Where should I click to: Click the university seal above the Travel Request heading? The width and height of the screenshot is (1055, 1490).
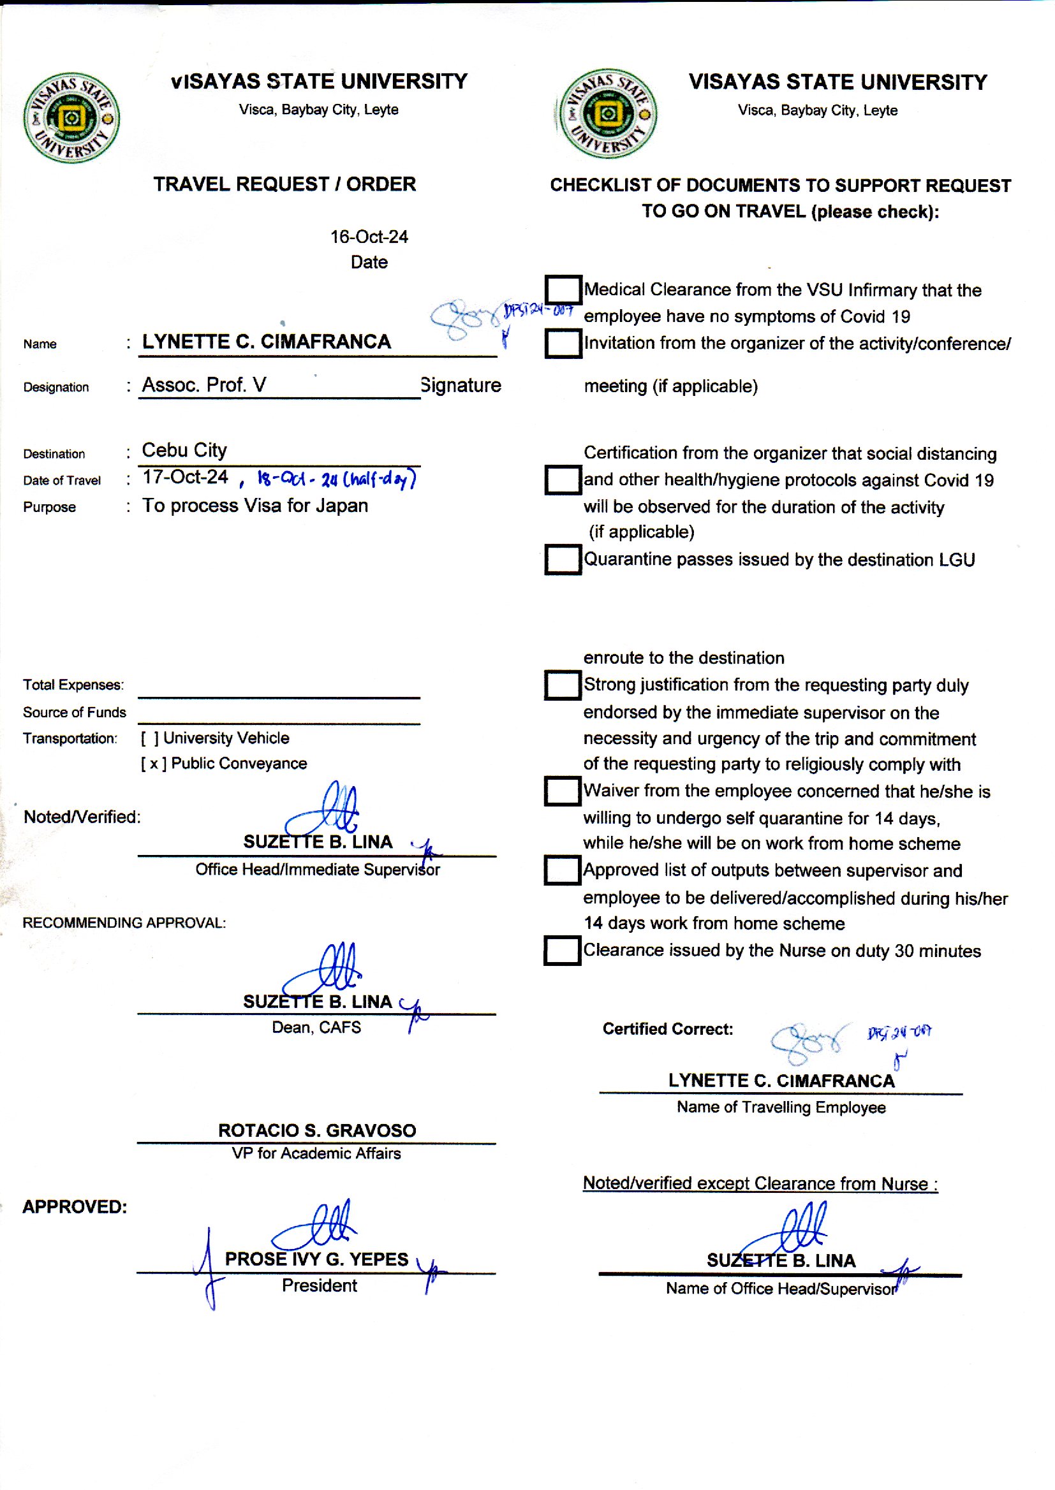71,118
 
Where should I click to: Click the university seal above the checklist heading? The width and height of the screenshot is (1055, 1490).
607,113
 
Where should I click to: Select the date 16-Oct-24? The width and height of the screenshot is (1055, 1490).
369,237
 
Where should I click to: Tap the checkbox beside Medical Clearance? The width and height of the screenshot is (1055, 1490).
563,289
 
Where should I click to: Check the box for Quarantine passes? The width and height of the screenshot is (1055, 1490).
563,559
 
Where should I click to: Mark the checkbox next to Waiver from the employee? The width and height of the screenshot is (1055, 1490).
563,791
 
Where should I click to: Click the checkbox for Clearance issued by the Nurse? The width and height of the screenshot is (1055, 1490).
563,951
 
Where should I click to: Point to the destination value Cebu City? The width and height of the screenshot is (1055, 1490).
184,450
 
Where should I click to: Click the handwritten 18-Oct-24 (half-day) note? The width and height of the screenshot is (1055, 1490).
337,480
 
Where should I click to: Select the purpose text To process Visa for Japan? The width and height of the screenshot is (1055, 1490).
255,506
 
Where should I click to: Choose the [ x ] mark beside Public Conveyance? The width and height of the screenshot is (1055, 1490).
154,764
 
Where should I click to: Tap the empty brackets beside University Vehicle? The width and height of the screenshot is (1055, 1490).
150,738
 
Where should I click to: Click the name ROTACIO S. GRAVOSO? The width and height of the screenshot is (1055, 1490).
317,1130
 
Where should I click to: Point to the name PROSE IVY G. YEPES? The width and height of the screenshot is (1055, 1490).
316,1259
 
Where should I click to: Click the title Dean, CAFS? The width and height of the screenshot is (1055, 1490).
316,1027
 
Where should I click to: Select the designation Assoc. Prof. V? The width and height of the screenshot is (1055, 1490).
204,385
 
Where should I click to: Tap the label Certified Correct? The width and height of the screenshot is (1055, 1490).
668,1029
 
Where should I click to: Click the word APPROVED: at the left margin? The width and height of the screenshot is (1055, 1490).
75,1207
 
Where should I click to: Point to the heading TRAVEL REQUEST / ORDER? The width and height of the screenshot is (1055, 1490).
284,184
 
